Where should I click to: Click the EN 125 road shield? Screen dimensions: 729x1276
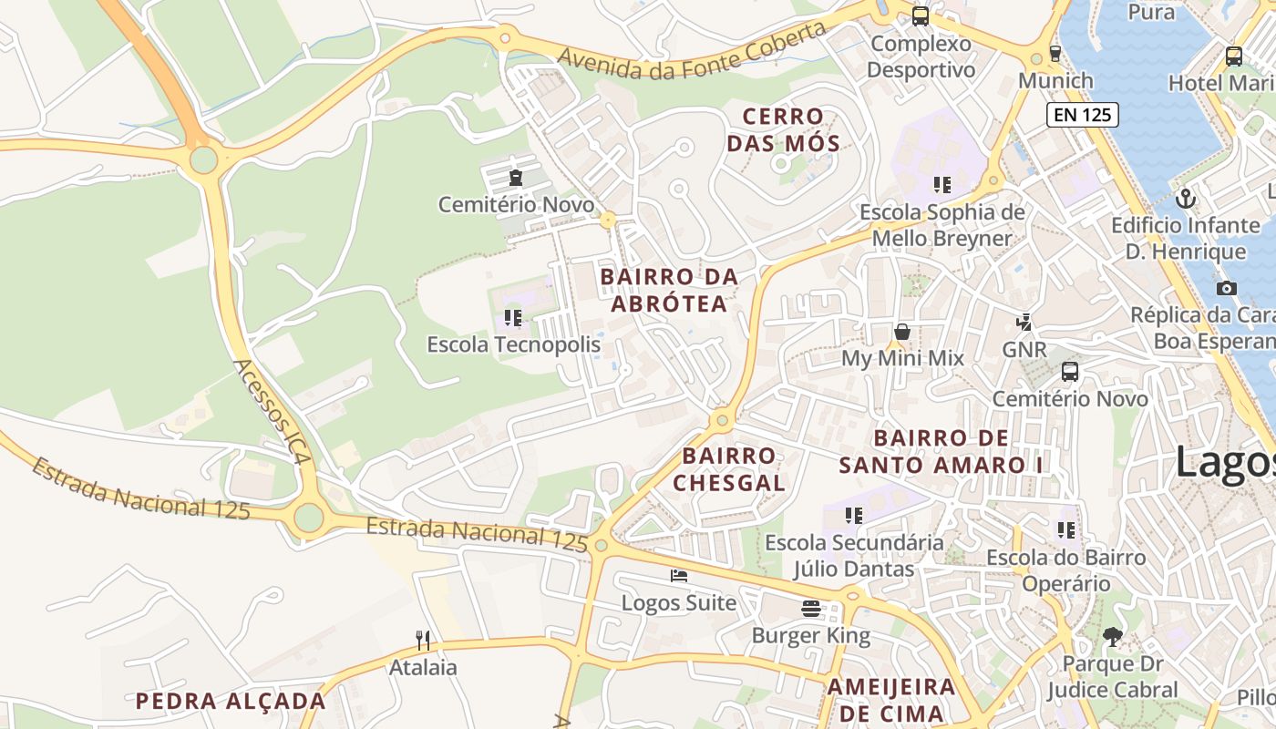click(x=1082, y=115)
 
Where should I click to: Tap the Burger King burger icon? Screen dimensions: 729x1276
click(x=811, y=609)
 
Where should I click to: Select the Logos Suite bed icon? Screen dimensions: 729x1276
click(x=679, y=575)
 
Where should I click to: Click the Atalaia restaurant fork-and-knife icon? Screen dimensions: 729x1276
click(x=422, y=640)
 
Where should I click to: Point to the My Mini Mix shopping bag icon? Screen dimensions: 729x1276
click(x=902, y=332)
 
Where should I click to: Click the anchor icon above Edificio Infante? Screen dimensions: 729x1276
click(x=1186, y=197)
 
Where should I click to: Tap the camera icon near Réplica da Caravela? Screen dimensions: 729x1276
click(x=1227, y=288)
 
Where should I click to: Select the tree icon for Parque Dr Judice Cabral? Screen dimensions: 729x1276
click(x=1112, y=637)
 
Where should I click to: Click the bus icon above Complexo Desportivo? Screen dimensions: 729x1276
click(x=921, y=15)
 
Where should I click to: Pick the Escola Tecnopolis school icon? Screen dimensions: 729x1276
click(x=513, y=318)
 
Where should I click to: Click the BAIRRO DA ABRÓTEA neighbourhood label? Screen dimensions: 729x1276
click(x=669, y=290)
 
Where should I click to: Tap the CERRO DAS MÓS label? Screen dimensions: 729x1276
click(x=789, y=129)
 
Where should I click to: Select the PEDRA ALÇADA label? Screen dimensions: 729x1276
click(x=231, y=701)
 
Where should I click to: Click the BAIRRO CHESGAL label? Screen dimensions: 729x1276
click(x=729, y=468)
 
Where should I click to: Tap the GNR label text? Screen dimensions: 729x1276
click(x=1024, y=350)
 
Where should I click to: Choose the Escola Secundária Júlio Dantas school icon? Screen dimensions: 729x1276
click(x=854, y=516)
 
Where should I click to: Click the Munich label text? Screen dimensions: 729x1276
click(x=1055, y=80)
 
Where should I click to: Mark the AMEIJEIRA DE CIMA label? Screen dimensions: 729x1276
click(x=891, y=700)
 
